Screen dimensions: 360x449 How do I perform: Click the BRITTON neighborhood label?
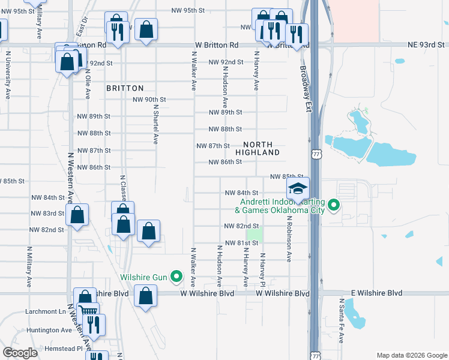coord(125,88)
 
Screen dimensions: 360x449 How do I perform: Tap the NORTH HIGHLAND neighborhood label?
coord(258,149)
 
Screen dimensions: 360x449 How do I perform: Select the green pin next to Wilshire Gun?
coord(176,277)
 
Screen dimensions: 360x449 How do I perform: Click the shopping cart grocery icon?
coord(88,312)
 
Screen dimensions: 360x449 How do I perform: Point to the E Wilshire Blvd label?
coord(377,293)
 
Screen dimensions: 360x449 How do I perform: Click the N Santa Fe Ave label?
coord(342,321)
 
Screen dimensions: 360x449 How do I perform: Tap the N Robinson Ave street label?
coord(289,239)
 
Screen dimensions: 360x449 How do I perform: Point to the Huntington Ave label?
coord(49,330)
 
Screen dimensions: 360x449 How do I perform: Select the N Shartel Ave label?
coord(155,124)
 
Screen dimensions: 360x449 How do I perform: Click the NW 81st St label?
coord(241,243)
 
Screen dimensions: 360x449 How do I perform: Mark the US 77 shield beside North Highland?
coord(316,154)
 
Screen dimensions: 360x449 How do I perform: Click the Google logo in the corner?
coord(20,353)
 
